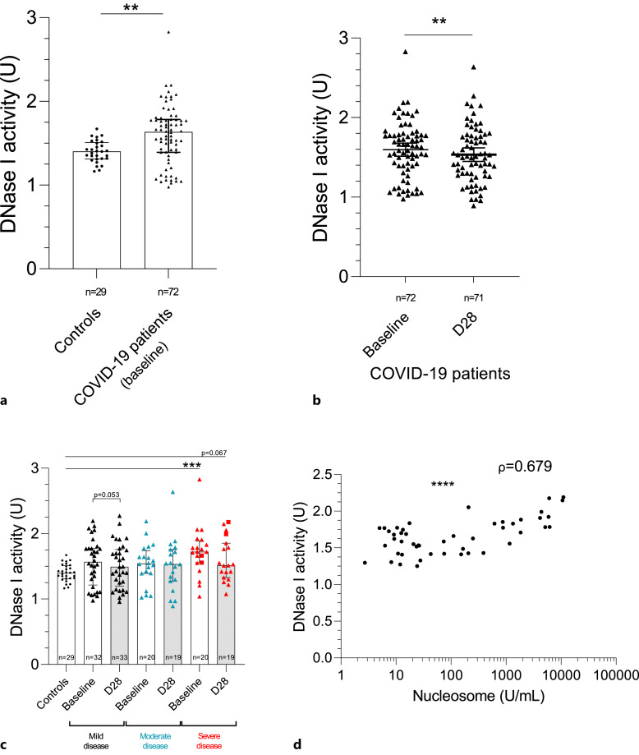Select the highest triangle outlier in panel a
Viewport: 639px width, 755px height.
169,32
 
